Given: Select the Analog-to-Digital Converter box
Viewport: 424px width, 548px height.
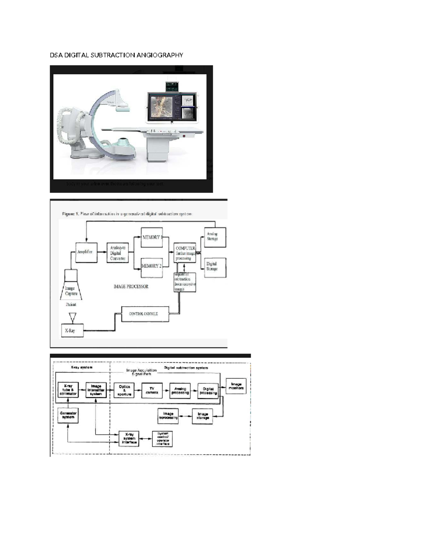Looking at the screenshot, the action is pos(118,253).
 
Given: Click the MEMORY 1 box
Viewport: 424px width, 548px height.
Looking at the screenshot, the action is pos(152,237).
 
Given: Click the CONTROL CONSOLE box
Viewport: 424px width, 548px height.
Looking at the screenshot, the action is pos(145,314).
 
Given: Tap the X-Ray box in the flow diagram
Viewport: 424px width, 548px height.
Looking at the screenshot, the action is pos(72,331).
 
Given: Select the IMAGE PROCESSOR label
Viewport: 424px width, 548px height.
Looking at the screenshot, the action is pos(131,287).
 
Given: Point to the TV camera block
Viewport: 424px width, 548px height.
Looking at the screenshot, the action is pos(152,391).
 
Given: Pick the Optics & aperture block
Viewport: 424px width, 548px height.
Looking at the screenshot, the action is pos(124,391).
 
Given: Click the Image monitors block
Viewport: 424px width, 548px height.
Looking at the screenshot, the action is pos(236,386).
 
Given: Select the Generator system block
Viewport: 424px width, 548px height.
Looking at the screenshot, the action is pos(68,415).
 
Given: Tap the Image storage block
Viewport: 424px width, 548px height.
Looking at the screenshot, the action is pos(202,416).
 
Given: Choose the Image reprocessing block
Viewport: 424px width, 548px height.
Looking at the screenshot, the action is pos(168,416).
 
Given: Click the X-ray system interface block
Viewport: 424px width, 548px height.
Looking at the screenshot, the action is pos(129,439).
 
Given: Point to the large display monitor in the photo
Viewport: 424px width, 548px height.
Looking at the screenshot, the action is pos(171,107).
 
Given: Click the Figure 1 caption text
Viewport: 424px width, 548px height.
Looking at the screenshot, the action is pos(127,214).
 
